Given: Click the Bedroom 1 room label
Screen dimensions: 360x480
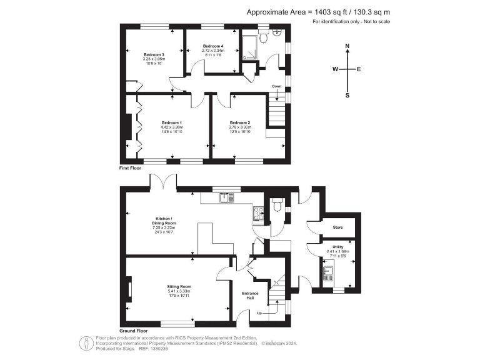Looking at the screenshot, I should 171,122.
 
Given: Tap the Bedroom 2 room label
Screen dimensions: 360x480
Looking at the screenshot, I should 239,122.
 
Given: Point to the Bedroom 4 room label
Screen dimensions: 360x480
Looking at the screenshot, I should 212,46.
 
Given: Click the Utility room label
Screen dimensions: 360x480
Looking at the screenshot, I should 338,247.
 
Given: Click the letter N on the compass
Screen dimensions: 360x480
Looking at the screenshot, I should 347,46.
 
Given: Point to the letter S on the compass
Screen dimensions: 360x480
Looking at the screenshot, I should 347,95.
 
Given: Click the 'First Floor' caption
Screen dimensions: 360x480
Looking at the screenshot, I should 131,169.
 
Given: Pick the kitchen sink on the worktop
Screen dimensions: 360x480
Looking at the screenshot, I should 225,198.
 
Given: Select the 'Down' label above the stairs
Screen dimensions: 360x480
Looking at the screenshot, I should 276,86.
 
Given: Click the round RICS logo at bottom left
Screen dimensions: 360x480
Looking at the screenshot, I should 84,342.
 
